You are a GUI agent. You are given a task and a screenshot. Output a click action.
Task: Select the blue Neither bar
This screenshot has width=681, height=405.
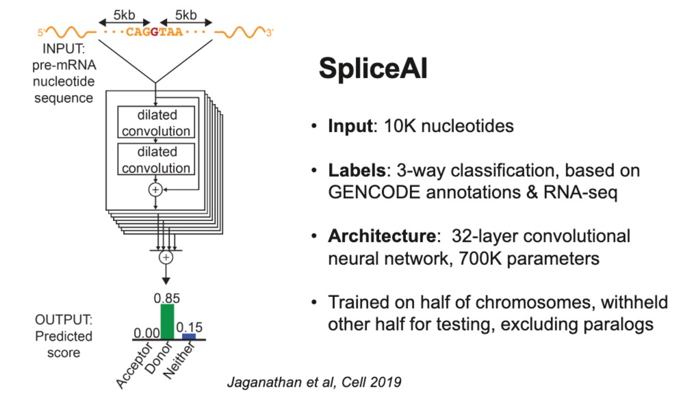click(x=189, y=336)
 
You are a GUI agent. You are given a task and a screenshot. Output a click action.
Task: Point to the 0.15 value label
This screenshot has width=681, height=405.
click(x=190, y=327)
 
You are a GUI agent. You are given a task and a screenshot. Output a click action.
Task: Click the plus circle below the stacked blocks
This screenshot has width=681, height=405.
click(x=165, y=257)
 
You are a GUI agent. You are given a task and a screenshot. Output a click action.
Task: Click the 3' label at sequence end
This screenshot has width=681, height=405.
click(x=270, y=31)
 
